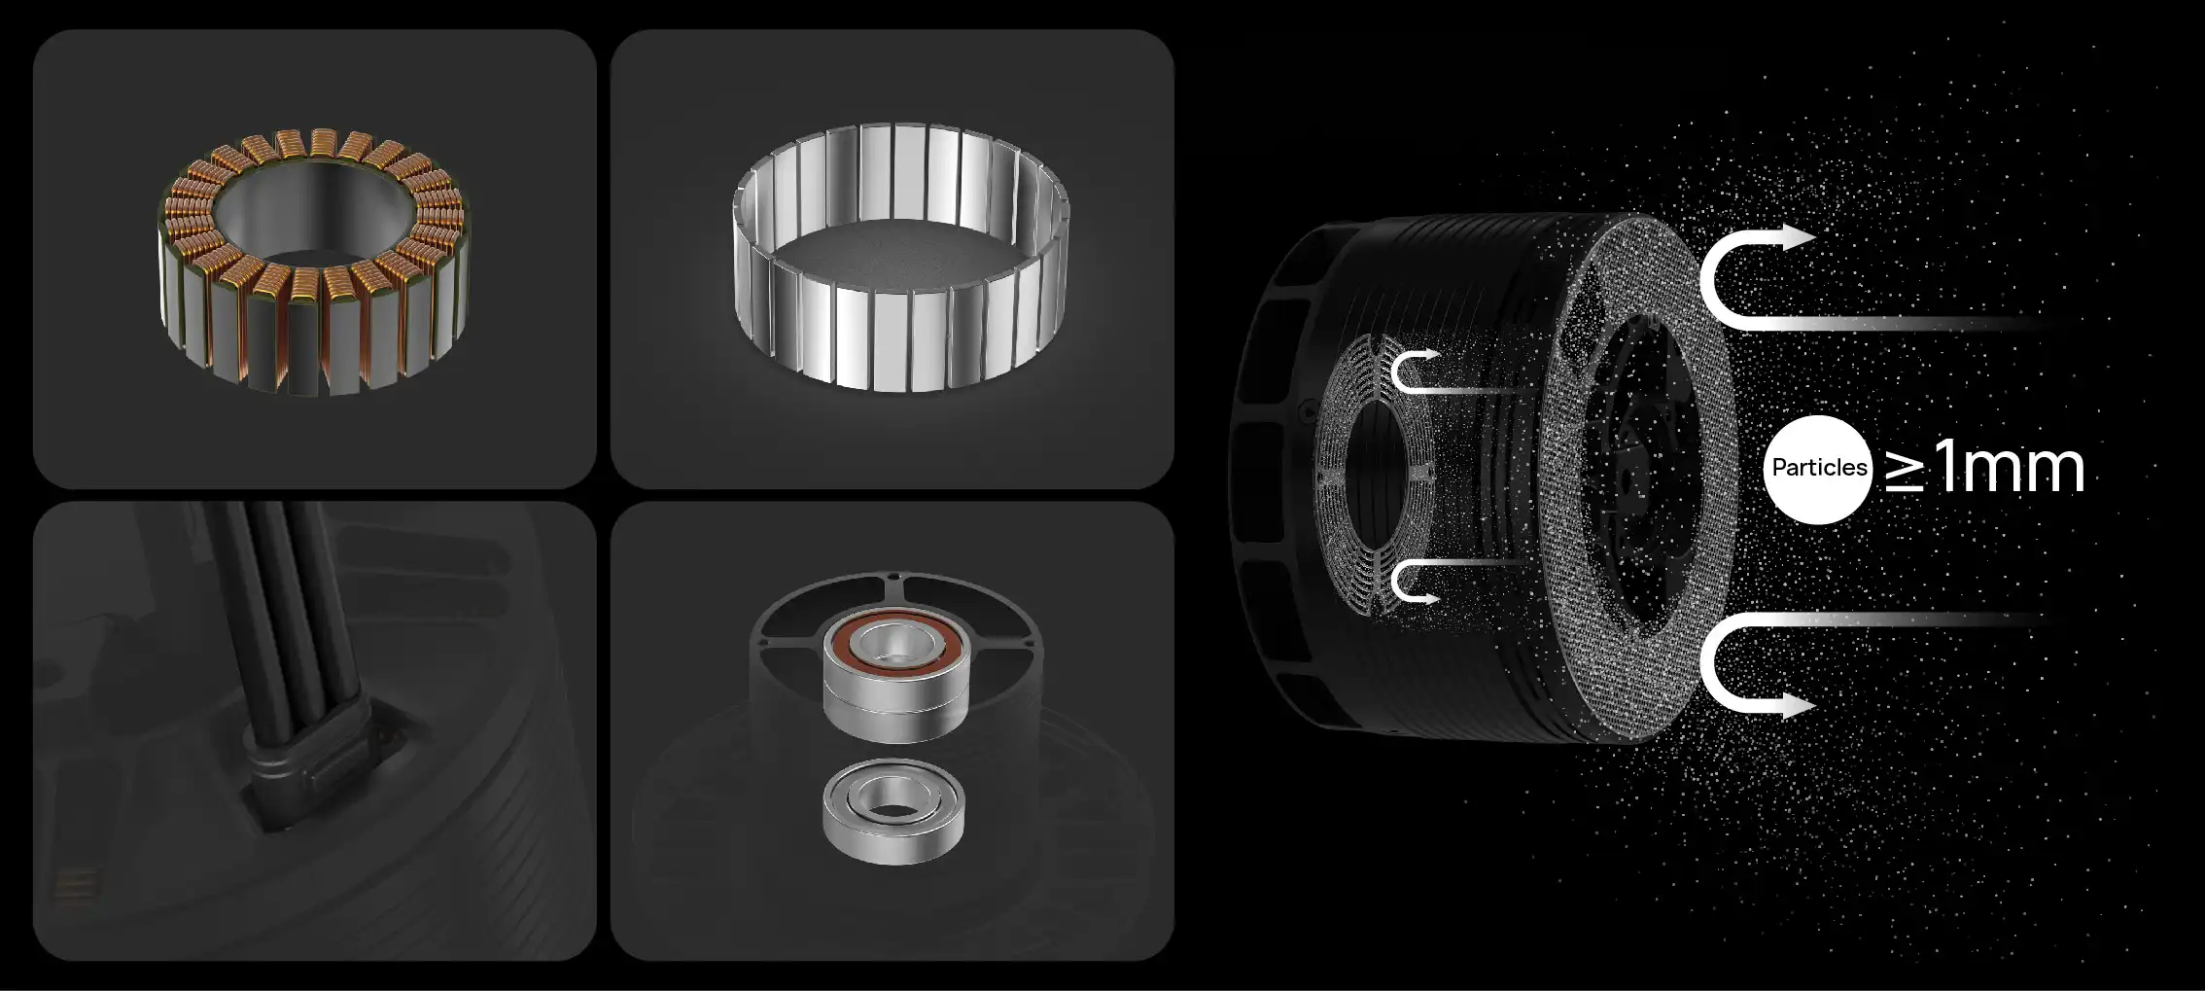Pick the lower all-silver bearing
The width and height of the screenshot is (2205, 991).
point(893,812)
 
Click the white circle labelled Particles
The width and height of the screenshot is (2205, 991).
point(1818,469)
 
